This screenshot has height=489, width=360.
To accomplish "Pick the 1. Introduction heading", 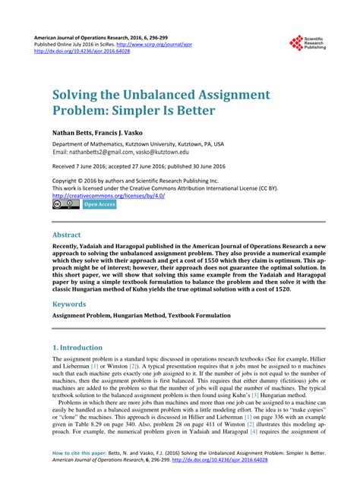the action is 82,347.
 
